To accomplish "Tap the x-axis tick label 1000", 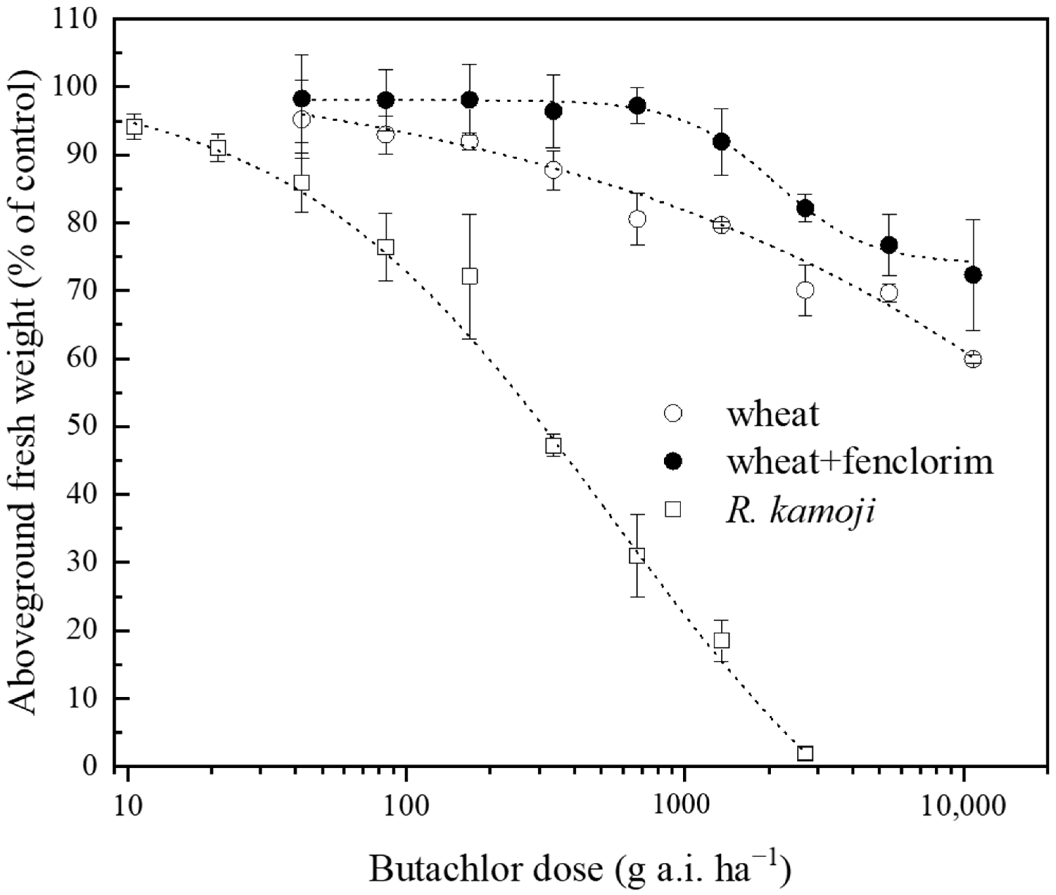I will [684, 806].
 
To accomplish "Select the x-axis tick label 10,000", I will [963, 806].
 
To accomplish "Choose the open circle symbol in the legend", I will [673, 413].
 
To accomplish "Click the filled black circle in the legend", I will [673, 461].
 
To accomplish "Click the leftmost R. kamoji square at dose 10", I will [134, 126].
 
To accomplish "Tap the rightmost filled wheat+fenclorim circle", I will [973, 275].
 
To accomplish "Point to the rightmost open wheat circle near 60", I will [973, 359].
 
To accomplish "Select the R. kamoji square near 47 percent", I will [554, 446].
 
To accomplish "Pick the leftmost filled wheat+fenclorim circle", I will [302, 98].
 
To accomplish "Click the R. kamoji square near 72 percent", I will [470, 276].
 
